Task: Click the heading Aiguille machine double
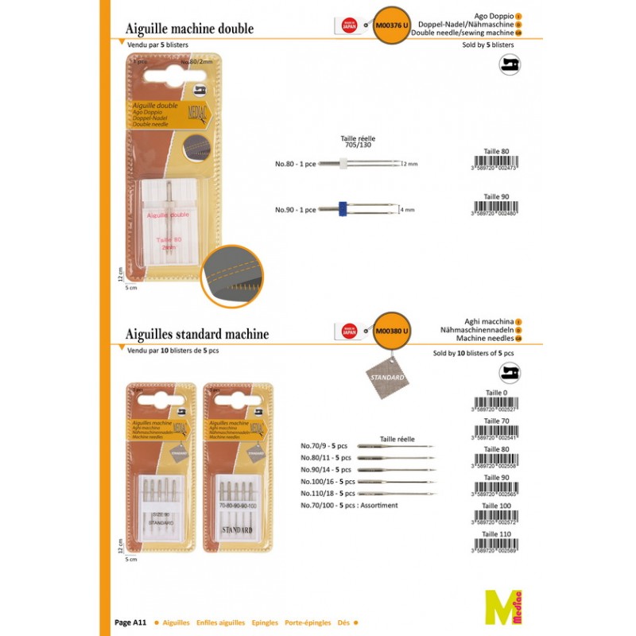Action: tap(190, 29)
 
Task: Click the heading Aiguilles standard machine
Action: tap(197, 334)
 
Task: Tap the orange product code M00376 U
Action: tap(392, 25)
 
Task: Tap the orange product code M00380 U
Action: tap(392, 331)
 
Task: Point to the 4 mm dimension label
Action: tap(408, 210)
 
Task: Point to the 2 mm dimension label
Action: tap(410, 163)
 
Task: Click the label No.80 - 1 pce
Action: tap(296, 163)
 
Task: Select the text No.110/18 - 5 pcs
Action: tap(328, 493)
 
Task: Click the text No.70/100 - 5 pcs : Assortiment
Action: tap(348, 505)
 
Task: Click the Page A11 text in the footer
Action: tap(130, 623)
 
